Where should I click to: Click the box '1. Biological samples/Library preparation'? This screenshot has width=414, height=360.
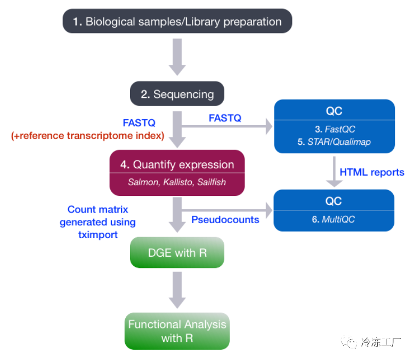pyautogui.click(x=177, y=21)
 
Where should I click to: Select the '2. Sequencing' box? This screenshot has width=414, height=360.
pyautogui.click(x=177, y=94)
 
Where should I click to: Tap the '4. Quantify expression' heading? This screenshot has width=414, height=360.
pyautogui.click(x=177, y=165)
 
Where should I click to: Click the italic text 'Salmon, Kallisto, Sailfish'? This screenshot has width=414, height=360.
pyautogui.click(x=177, y=182)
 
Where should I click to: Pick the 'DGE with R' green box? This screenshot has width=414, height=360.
pyautogui.click(x=177, y=252)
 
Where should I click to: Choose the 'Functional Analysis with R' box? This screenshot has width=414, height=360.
pyautogui.click(x=177, y=331)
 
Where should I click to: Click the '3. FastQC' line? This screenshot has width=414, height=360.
pyautogui.click(x=335, y=129)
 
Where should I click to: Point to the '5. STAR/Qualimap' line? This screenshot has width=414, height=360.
pyautogui.click(x=334, y=142)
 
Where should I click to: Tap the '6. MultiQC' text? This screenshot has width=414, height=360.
pyautogui.click(x=333, y=219)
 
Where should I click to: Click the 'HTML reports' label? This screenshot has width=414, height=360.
pyautogui.click(x=372, y=172)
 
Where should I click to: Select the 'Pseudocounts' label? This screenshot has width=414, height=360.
pyautogui.click(x=225, y=219)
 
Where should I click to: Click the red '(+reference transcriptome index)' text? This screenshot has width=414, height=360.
pyautogui.click(x=88, y=136)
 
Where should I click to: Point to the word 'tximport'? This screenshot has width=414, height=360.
pyautogui.click(x=98, y=235)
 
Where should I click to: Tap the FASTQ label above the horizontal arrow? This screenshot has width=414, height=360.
pyautogui.click(x=225, y=118)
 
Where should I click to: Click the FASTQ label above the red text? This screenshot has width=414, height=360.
pyautogui.click(x=139, y=122)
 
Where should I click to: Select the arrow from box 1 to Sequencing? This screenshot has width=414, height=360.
pyautogui.click(x=177, y=57)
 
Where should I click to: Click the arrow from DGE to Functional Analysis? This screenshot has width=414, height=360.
pyautogui.click(x=177, y=290)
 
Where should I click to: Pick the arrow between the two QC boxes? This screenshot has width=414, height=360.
pyautogui.click(x=334, y=171)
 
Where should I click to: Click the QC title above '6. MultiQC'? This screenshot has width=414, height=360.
pyautogui.click(x=334, y=201)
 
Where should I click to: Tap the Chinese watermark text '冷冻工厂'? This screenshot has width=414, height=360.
pyautogui.click(x=380, y=342)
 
